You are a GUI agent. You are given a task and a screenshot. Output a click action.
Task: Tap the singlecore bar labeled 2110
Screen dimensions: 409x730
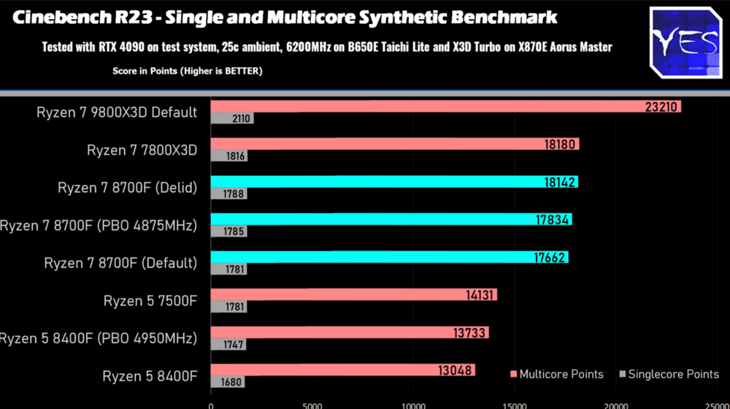[x=232, y=118]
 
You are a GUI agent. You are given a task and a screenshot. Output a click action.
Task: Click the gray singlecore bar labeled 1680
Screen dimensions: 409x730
[x=228, y=382]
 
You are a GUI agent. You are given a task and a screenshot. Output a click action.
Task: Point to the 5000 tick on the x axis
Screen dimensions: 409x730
[x=312, y=405]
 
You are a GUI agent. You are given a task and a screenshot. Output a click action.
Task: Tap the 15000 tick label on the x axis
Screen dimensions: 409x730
[x=515, y=405]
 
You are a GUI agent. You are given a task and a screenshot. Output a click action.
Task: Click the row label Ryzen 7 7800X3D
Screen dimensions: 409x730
[x=142, y=150]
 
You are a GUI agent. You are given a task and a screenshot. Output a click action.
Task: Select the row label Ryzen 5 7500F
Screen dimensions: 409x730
[x=150, y=300]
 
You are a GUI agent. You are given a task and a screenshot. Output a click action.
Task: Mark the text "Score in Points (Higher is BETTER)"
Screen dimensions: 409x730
[x=187, y=71]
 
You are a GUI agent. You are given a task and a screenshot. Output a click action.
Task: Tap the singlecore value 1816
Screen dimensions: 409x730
[x=236, y=156]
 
